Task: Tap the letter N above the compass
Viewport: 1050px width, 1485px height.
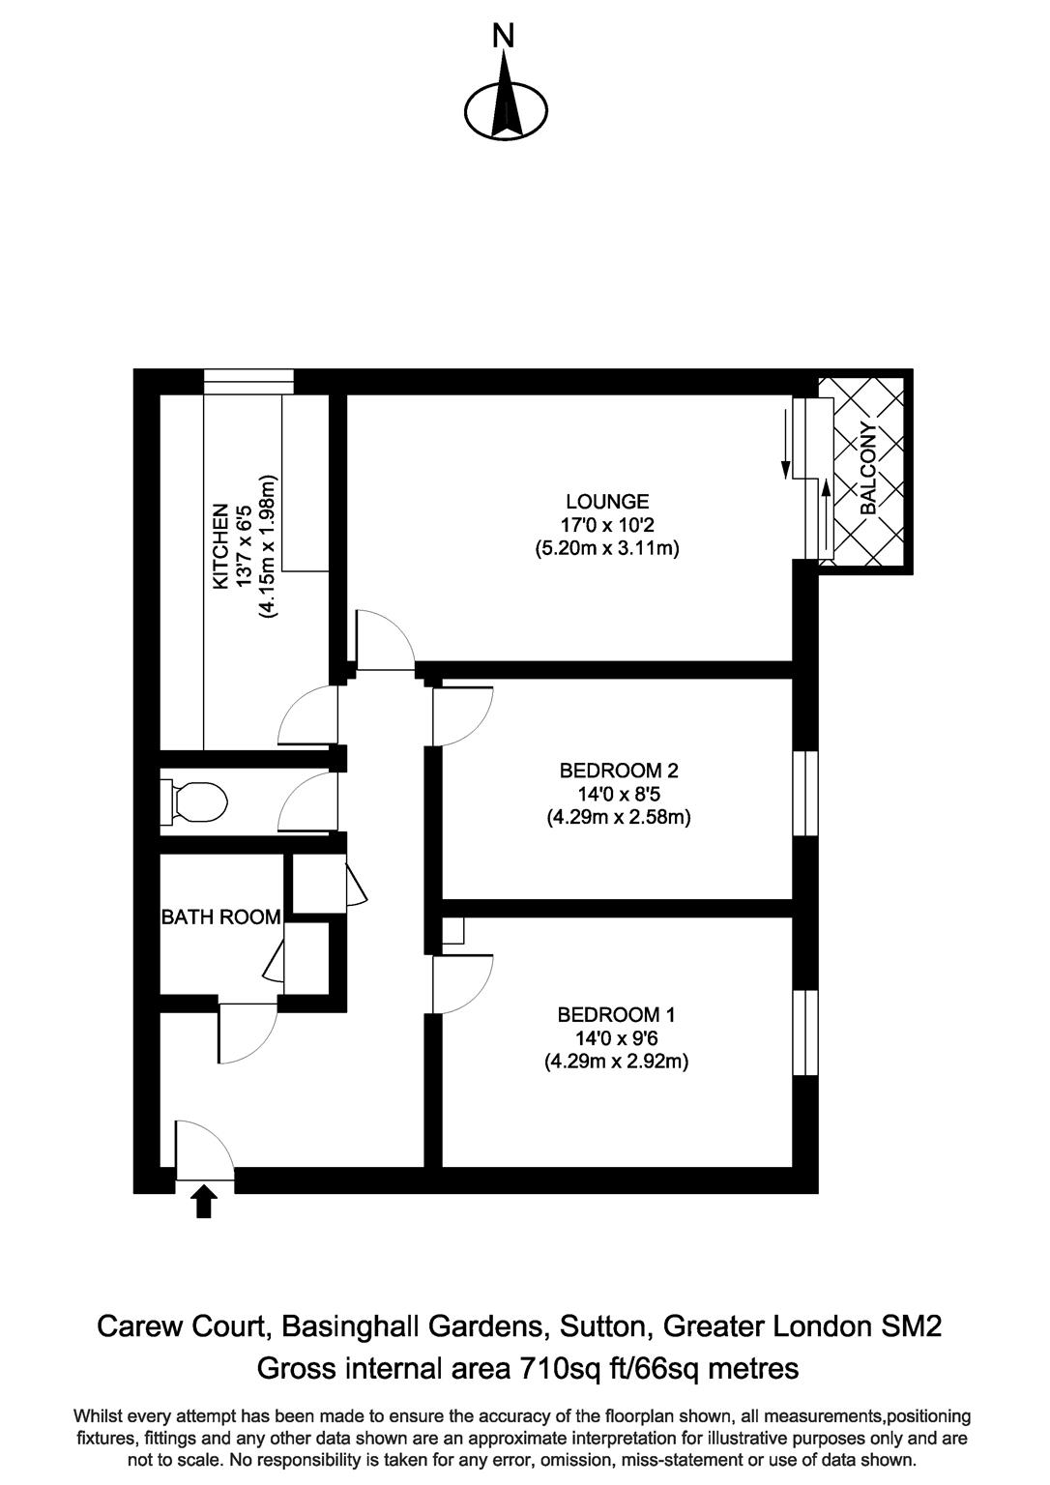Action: click(504, 37)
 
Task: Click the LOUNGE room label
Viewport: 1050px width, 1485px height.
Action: click(607, 502)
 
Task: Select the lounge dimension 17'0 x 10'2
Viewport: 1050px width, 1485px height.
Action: click(607, 525)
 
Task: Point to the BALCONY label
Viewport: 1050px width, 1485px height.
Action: click(868, 469)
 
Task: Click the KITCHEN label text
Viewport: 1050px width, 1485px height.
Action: click(221, 546)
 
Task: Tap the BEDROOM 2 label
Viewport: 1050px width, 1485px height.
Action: click(619, 771)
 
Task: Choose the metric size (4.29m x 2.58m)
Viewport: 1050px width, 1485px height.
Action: click(619, 818)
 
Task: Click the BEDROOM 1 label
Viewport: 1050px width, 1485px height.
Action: click(616, 1015)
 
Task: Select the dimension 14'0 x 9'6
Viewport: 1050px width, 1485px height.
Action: click(616, 1038)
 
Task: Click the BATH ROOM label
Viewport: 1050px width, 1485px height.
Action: click(221, 917)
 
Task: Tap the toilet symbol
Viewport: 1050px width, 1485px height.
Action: click(197, 801)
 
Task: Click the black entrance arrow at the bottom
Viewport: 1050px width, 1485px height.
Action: click(204, 1202)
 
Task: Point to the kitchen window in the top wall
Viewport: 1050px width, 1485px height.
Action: click(248, 382)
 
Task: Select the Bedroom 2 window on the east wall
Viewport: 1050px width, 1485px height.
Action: click(805, 792)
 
